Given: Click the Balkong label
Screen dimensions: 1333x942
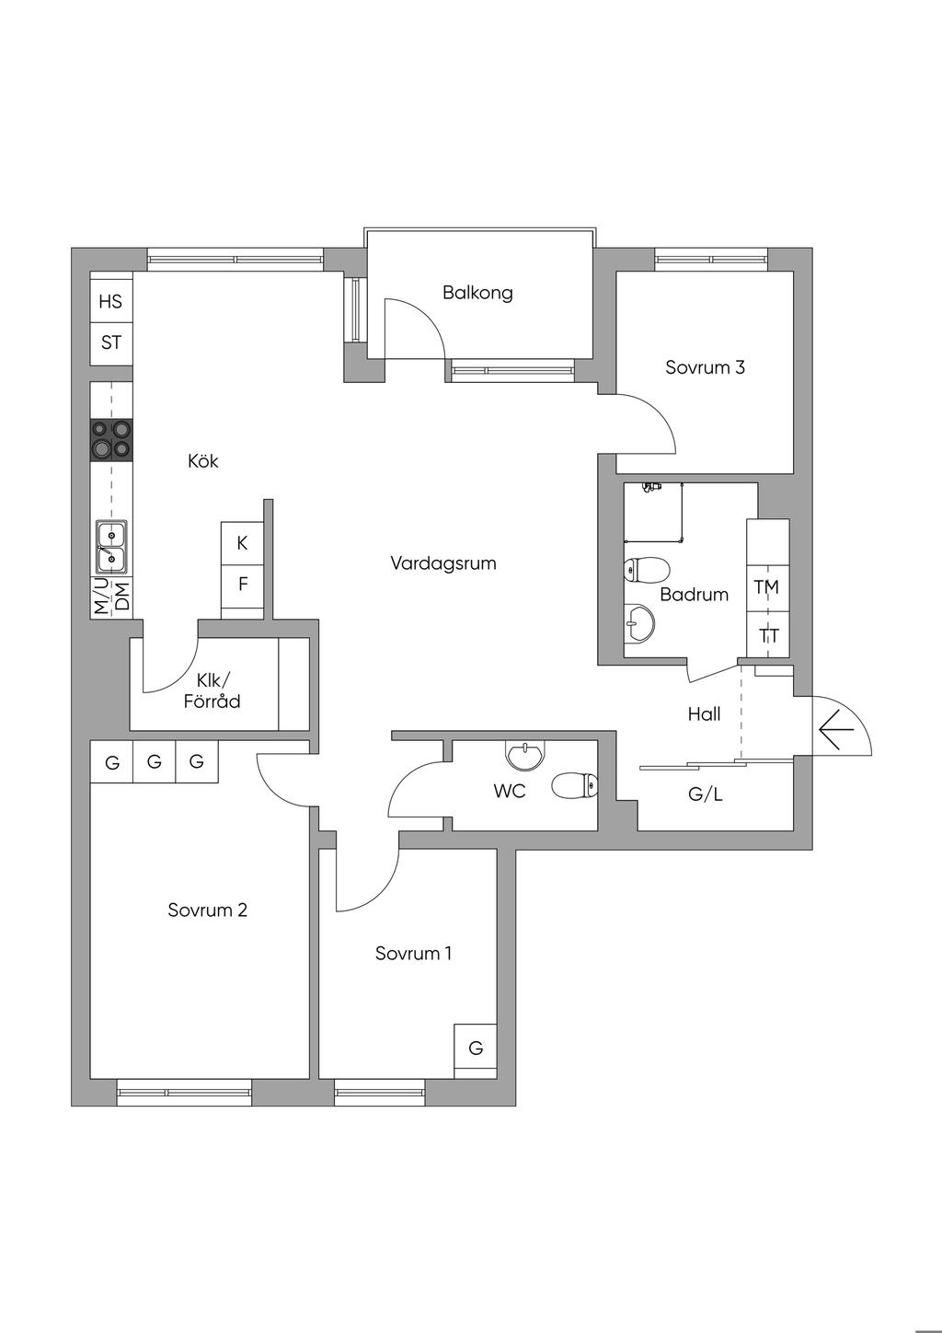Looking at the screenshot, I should click(x=477, y=293).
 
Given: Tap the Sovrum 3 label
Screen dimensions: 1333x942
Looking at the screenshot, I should click(x=705, y=367).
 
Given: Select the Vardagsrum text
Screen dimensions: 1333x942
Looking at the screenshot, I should click(x=443, y=562).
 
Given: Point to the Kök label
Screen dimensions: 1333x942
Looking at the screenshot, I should click(x=203, y=460).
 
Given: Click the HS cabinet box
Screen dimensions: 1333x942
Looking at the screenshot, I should click(x=111, y=301).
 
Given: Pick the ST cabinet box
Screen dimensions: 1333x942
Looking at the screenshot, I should click(x=111, y=342).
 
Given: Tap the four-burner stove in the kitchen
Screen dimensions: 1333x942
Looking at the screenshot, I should click(x=111, y=440).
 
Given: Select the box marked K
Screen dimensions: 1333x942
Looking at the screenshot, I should click(x=243, y=543).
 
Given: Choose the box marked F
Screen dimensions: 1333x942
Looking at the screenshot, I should click(x=243, y=584).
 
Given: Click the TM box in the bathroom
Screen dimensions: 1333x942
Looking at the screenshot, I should click(x=766, y=586).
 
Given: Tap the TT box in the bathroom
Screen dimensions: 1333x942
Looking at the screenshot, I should click(x=769, y=635).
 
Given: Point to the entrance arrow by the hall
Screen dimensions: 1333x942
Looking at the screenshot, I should click(x=836, y=731).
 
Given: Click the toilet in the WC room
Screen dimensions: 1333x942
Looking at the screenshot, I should click(x=575, y=786).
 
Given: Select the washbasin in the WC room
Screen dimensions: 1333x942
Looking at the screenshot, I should click(x=525, y=756).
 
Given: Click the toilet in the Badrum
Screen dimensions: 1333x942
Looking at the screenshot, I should click(x=644, y=570).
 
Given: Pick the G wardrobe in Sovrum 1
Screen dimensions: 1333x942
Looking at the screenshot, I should click(x=476, y=1048).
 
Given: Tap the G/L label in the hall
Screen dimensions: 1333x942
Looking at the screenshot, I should click(x=706, y=794).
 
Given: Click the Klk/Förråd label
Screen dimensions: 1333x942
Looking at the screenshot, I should click(x=212, y=691).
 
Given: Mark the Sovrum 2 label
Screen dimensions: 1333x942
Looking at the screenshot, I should click(x=208, y=910).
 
